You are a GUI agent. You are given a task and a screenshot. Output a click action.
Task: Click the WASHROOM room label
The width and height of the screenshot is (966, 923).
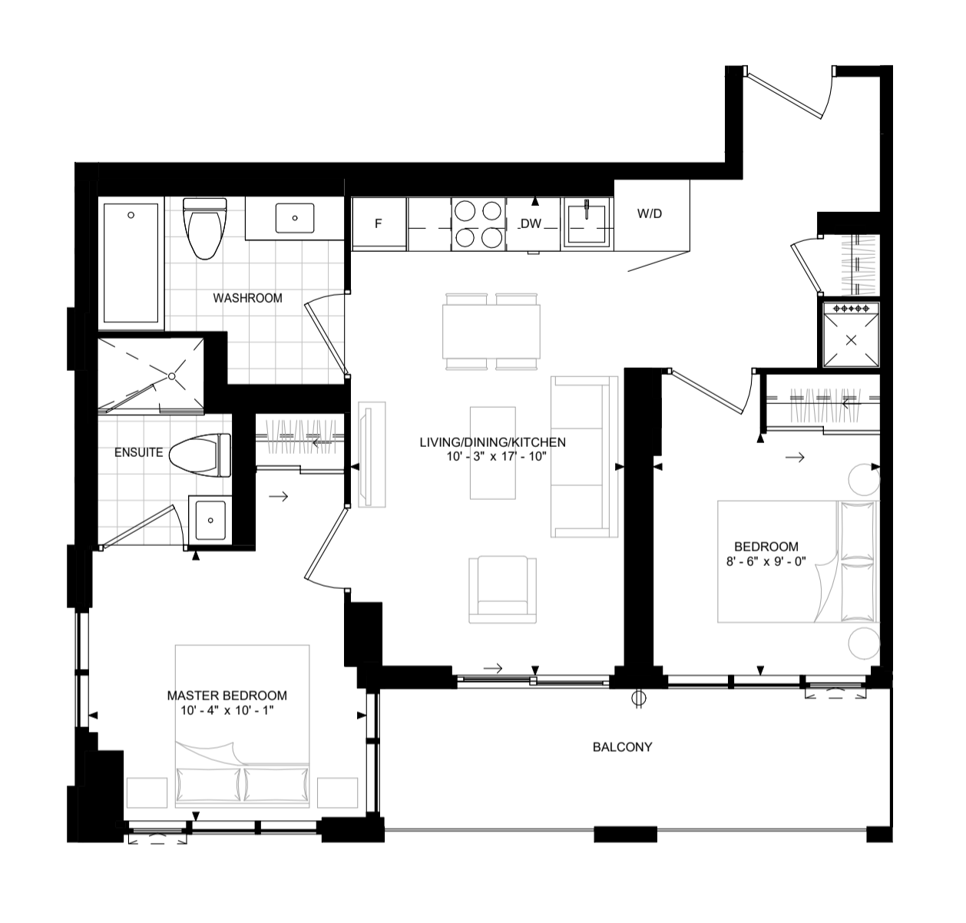pos(247,298)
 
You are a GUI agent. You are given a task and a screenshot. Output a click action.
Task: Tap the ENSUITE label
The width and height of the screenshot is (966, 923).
pos(138,452)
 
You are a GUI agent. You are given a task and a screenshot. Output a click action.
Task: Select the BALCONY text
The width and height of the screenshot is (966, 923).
pos(622,746)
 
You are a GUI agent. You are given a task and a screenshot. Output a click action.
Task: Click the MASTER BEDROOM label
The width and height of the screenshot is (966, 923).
pos(227,695)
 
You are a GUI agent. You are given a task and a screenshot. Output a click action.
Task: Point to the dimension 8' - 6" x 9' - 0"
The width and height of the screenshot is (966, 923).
pos(766,561)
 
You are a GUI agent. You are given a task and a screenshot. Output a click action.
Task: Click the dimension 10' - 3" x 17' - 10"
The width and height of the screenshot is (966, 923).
pos(492,456)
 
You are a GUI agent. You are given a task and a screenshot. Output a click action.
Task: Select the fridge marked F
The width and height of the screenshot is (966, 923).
pos(378,223)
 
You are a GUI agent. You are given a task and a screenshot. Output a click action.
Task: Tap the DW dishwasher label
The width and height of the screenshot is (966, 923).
pos(531,223)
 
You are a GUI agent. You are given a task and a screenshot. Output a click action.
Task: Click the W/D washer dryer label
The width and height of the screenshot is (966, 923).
pos(649,214)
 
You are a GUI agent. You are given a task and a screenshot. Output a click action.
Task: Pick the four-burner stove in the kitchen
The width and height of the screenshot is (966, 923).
pos(478,223)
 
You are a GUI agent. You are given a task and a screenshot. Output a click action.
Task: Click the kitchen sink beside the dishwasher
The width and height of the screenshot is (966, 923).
pos(587,223)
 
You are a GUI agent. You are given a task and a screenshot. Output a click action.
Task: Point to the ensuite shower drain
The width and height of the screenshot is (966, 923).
pos(173,376)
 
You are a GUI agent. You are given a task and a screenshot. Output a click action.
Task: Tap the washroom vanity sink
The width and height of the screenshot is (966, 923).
pos(295,217)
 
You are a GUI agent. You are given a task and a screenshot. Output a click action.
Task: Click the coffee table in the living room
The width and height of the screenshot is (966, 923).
pos(492,453)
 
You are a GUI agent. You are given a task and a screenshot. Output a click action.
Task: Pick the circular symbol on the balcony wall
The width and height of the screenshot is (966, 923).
pos(637,699)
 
